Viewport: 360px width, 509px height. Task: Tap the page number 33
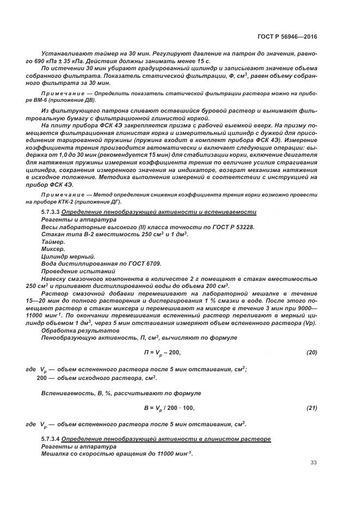tap(313, 463)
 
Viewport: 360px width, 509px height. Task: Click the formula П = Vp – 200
tap(162, 353)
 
